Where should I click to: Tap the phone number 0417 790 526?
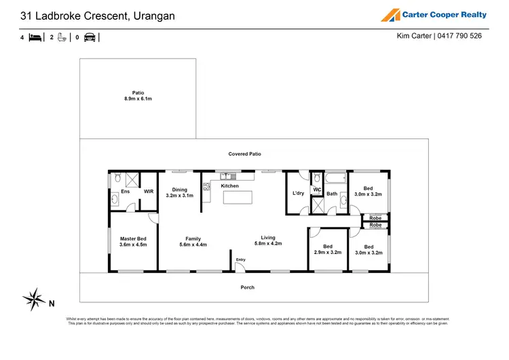459,36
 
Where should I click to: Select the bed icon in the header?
35,37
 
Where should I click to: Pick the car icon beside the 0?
89,37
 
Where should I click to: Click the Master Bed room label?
133,238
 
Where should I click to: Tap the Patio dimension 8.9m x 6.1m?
138,99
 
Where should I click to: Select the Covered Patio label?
244,154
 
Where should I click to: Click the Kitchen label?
229,185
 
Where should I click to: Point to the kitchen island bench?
235,197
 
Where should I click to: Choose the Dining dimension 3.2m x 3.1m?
179,196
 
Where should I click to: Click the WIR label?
148,192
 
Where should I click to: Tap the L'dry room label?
298,194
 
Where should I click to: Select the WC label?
317,190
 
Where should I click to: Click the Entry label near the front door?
241,259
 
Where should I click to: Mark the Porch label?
248,287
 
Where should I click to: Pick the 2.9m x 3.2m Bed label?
327,252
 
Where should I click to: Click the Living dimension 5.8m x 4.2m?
267,243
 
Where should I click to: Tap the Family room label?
193,238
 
